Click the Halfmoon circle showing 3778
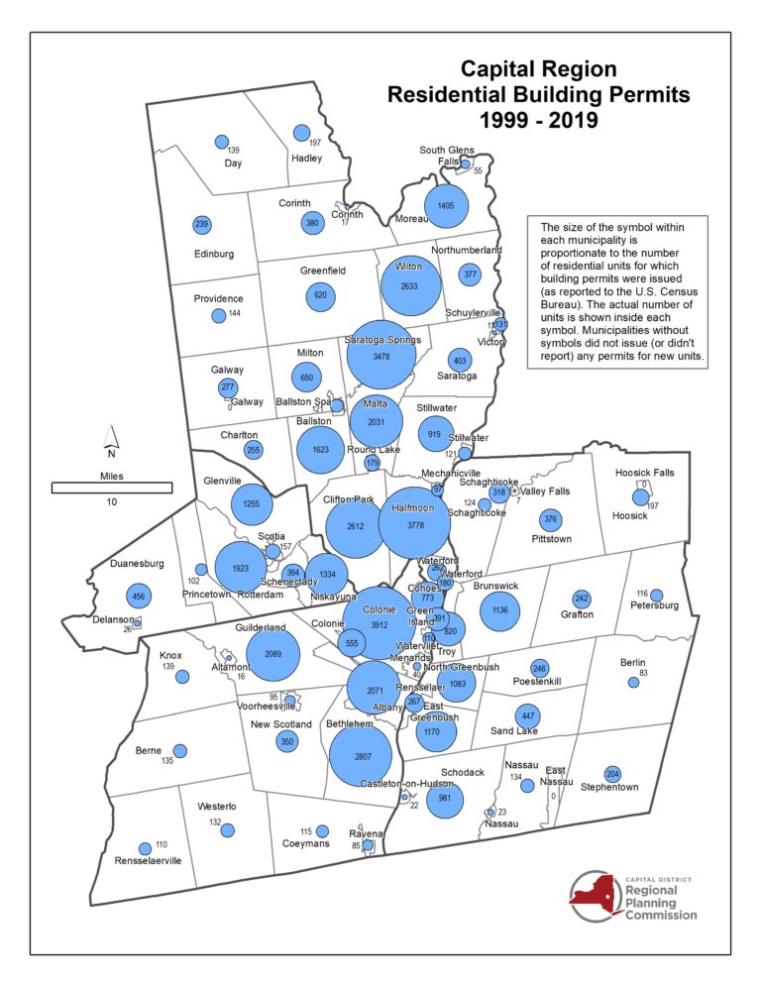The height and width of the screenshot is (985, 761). coord(415,523)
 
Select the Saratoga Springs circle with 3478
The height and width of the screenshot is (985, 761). coord(381,355)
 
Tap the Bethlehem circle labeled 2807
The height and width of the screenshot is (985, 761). coord(363,756)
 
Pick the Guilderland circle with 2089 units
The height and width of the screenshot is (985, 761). coord(272,656)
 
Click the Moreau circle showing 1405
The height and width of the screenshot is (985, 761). coord(445,205)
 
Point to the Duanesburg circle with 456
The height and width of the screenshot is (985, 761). coord(139,596)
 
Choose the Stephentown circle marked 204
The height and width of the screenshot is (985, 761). coord(612,773)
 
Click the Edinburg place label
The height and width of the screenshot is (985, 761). coord(215,254)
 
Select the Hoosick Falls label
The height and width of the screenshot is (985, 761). coord(644,473)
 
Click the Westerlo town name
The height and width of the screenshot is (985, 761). coord(216,807)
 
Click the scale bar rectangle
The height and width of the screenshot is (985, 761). coord(112,487)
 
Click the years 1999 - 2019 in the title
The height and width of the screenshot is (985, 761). coord(539,121)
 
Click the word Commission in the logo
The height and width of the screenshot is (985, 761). coord(661,915)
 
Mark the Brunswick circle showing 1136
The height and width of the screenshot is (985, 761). coord(499,610)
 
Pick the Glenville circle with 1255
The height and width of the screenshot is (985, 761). coord(252,503)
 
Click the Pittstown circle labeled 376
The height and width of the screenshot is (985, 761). coord(550,519)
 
